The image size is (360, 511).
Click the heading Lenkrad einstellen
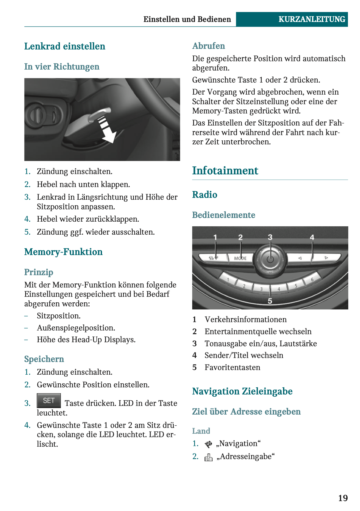[x=65, y=46]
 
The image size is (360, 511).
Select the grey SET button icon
[x=49, y=401]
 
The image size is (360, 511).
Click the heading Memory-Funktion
[x=63, y=252]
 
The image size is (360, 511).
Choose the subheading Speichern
[x=44, y=359]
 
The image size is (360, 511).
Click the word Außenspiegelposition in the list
[x=76, y=328]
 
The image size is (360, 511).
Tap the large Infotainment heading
[x=225, y=171]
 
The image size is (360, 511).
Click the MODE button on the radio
[x=240, y=258]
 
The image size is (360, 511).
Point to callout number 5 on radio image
[x=270, y=301]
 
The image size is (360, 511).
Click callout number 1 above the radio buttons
[x=215, y=237]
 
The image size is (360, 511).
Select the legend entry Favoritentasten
[x=232, y=367]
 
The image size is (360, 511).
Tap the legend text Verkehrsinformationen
[x=246, y=319]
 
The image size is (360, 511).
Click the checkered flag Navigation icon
[x=209, y=444]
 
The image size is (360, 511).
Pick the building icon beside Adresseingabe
[x=209, y=457]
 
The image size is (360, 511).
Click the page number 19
[x=343, y=498]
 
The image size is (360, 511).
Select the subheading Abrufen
[x=209, y=46]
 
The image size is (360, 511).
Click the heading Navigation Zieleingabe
[x=242, y=391]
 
